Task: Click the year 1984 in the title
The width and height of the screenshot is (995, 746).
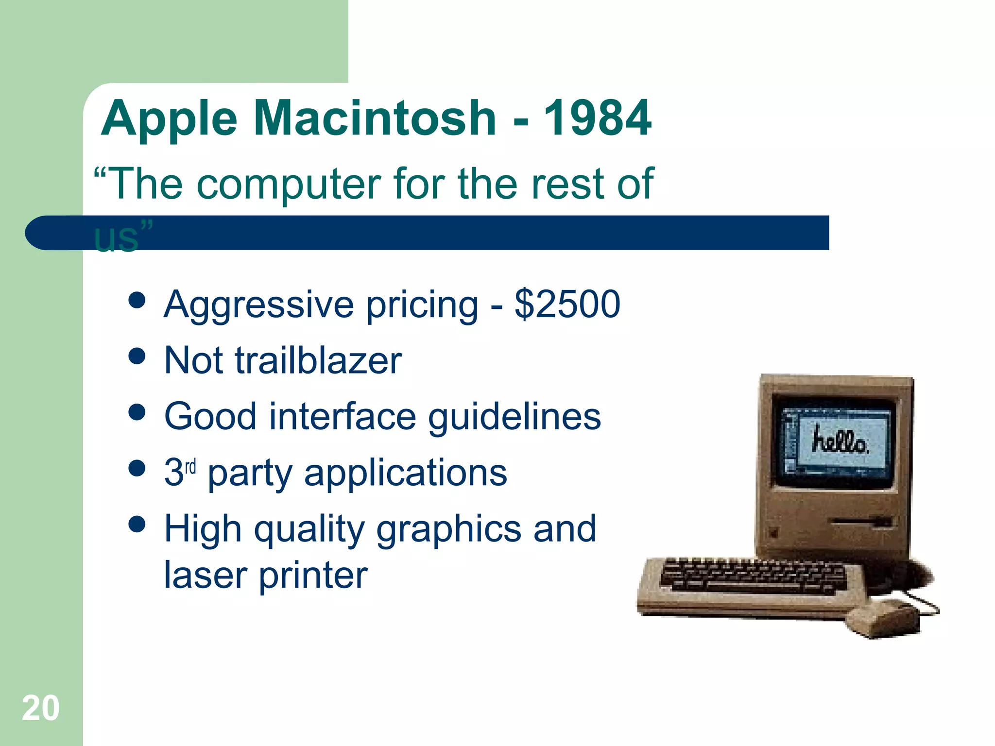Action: pos(597,118)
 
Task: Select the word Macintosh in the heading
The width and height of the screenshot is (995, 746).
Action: pos(375,118)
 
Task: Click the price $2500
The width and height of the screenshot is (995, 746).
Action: pos(567,305)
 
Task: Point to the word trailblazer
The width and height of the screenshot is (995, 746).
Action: pos(318,361)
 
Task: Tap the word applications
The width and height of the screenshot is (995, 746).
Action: pos(406,473)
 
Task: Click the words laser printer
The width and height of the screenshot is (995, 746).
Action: pos(266,576)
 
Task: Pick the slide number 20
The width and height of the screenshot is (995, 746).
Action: pos(41,708)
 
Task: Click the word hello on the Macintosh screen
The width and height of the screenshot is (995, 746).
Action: pos(840,441)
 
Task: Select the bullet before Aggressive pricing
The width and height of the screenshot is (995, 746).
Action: pos(137,300)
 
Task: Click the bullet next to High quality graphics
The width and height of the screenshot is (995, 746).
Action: pos(137,525)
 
